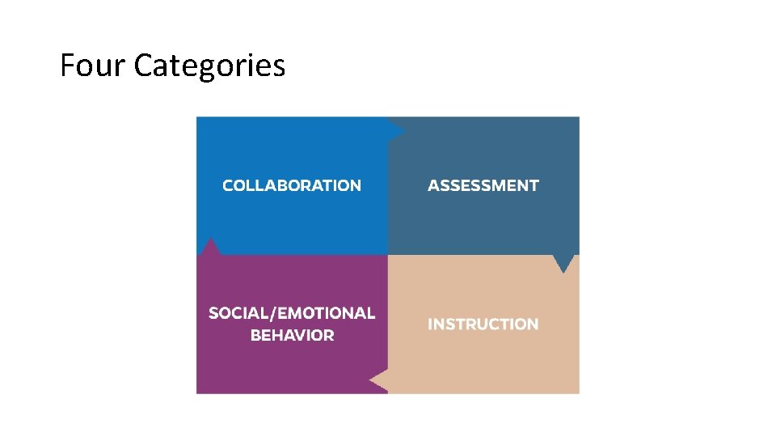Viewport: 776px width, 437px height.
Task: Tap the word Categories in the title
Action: [x=209, y=66]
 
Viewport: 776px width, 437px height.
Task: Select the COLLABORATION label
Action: [x=292, y=185]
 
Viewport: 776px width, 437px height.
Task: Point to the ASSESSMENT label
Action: [x=483, y=185]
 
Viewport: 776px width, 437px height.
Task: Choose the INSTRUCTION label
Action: [x=483, y=325]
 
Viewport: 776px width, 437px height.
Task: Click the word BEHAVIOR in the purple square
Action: [x=293, y=335]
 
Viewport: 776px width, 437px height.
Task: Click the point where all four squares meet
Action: [x=388, y=256]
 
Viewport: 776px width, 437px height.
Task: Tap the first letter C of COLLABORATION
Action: [x=228, y=185]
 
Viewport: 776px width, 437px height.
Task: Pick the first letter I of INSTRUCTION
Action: [x=430, y=325]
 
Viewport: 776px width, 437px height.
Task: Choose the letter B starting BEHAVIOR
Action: [x=256, y=335]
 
